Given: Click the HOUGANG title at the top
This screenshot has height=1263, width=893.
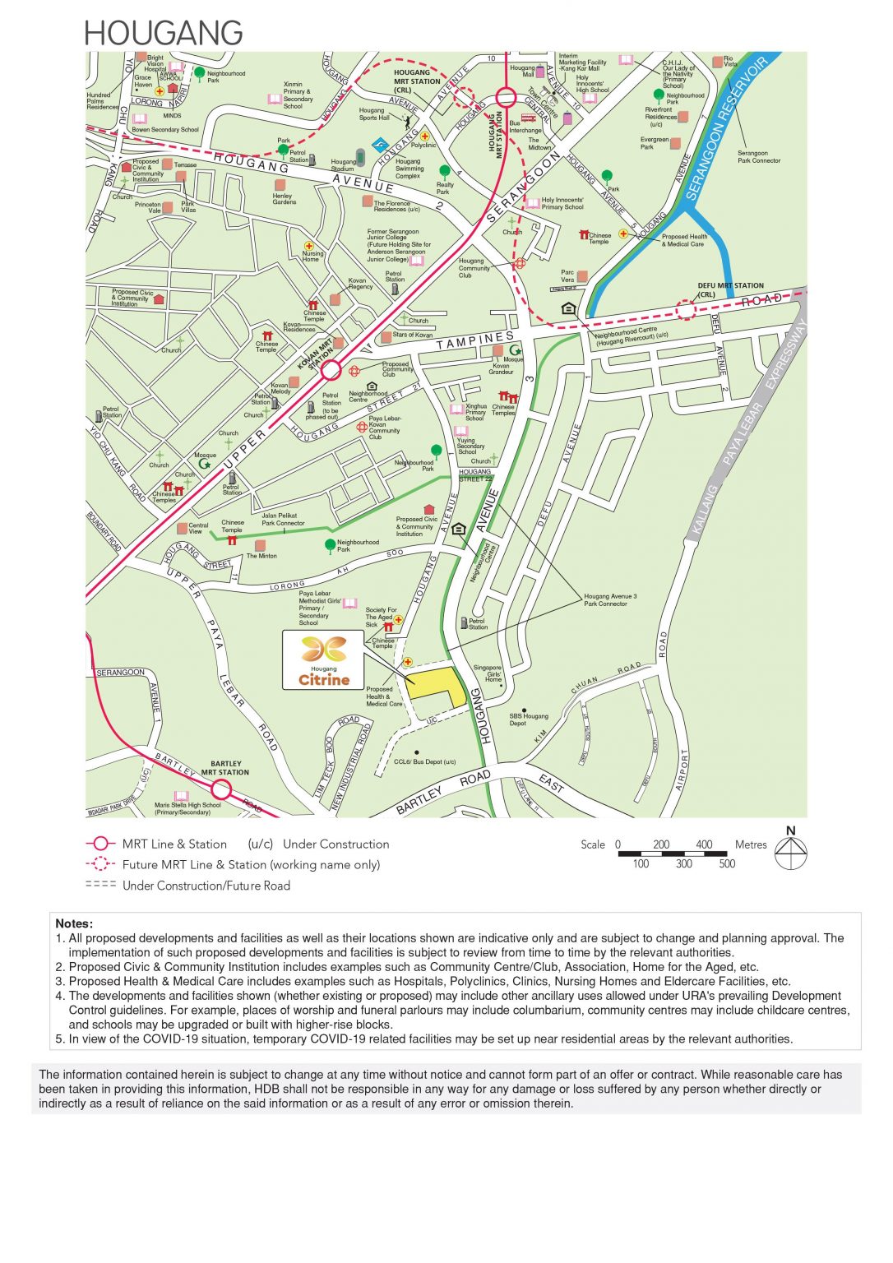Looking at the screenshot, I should (163, 33).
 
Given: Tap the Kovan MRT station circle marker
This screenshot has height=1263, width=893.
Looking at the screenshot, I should (331, 370).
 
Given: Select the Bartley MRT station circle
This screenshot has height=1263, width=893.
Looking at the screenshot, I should (222, 790).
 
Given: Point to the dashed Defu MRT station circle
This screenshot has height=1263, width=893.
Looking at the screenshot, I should (685, 310).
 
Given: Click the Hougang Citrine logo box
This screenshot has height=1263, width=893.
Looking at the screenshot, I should (323, 659).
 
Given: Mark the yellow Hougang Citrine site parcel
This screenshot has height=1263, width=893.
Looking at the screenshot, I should (436, 684).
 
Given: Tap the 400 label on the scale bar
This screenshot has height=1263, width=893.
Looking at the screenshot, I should (704, 844).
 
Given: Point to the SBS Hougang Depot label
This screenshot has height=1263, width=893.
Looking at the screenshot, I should (529, 719).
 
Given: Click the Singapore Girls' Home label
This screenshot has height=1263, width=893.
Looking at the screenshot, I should (492, 673).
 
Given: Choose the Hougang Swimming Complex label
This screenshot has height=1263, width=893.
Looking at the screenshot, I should (409, 169).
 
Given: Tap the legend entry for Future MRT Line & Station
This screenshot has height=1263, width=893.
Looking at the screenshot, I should (251, 865).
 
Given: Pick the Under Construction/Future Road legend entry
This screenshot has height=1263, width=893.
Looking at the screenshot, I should (206, 886).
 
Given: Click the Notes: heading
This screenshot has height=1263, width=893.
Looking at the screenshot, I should (74, 923).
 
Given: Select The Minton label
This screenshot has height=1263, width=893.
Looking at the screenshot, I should (261, 556).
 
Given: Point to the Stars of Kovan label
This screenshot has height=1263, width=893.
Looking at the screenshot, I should (412, 335).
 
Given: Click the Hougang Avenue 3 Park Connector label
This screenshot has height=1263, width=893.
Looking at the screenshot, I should (609, 600).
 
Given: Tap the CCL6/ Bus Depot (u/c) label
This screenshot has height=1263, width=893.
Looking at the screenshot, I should (424, 761).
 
